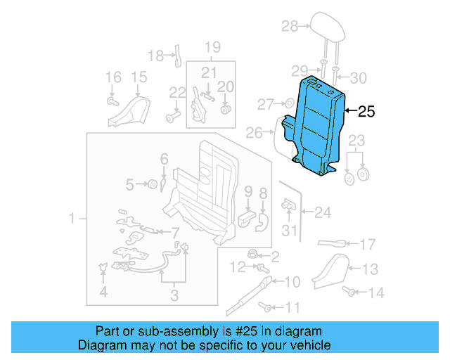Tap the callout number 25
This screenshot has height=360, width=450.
tap(366, 111)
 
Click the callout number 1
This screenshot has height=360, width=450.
tap(72, 220)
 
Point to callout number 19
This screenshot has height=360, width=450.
tap(212, 47)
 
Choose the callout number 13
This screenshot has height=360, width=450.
tap(370, 268)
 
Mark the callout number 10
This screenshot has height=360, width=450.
tap(292, 281)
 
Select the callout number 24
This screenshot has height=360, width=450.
tap(323, 211)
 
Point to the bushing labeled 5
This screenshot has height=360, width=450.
tap(150, 185)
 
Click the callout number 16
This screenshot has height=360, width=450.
tap(112, 77)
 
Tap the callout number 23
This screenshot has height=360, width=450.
tap(357, 139)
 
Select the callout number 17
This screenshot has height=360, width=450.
tap(368, 245)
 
